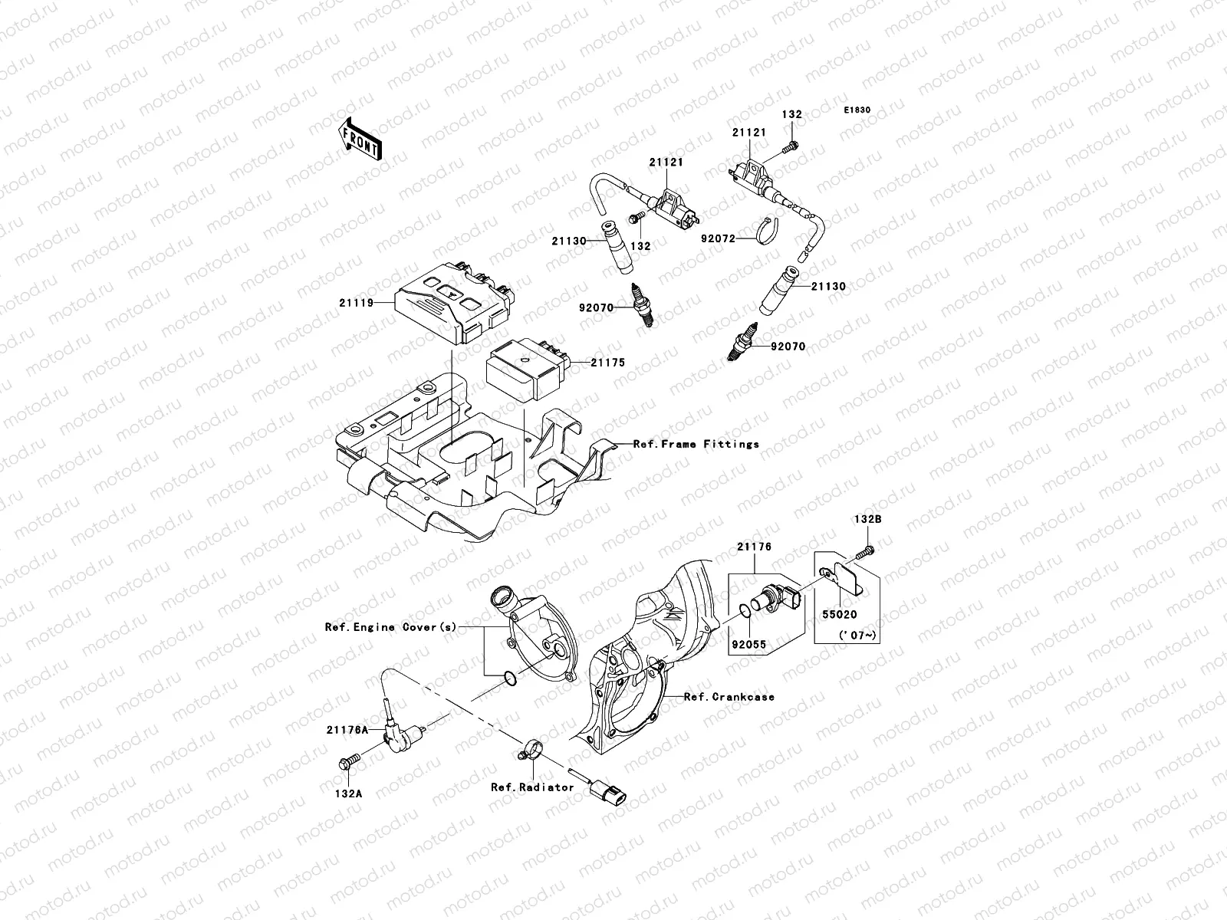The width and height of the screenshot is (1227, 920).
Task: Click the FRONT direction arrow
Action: pyautogui.click(x=362, y=140)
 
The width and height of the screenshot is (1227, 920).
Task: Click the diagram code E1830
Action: pyautogui.click(x=857, y=110)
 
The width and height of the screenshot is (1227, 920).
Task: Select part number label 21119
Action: pyautogui.click(x=356, y=303)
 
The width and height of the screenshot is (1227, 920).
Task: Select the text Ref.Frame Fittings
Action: pyautogui.click(x=696, y=444)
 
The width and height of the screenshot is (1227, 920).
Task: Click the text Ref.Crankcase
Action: pyautogui.click(x=729, y=697)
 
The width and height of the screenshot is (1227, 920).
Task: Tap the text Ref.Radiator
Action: pyautogui.click(x=532, y=787)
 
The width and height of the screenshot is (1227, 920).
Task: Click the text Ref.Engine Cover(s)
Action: pyautogui.click(x=390, y=627)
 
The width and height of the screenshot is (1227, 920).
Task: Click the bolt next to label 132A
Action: pyautogui.click(x=348, y=763)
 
